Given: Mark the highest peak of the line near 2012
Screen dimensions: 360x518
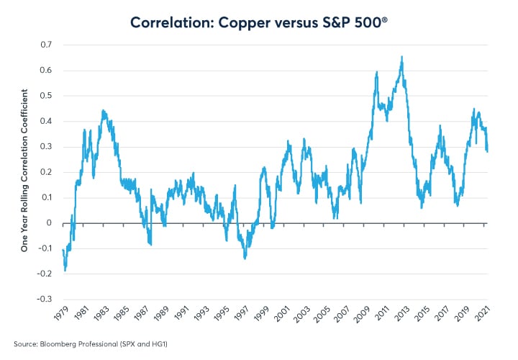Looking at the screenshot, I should coord(401,57).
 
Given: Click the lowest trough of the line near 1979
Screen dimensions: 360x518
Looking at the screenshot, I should coord(65,270).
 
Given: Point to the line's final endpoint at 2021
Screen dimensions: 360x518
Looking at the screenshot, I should coord(487,150).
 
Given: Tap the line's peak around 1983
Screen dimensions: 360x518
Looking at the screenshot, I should coord(103,111).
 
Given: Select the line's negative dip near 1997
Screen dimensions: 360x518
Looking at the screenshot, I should coord(245,257).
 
